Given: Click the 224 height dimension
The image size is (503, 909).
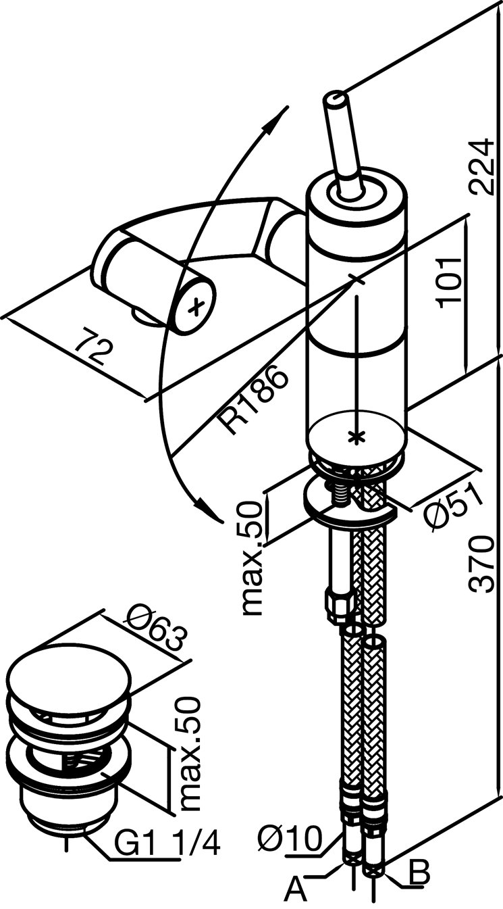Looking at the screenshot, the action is click(x=482, y=166).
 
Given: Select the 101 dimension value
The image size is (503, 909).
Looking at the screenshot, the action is click(x=450, y=282).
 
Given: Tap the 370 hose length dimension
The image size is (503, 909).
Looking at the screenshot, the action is click(x=482, y=564).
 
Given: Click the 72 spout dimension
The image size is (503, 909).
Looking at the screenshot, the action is click(x=92, y=346).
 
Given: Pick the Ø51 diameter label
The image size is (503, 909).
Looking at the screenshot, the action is click(x=453, y=506).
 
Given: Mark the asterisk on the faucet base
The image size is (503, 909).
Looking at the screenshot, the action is click(x=356, y=436).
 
